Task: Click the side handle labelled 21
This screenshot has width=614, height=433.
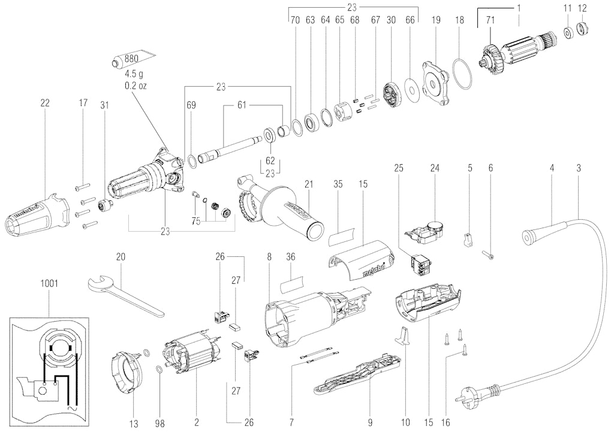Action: pos(281,207)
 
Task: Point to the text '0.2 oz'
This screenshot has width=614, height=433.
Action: pos(136,86)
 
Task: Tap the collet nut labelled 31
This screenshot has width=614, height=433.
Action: pos(106,205)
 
